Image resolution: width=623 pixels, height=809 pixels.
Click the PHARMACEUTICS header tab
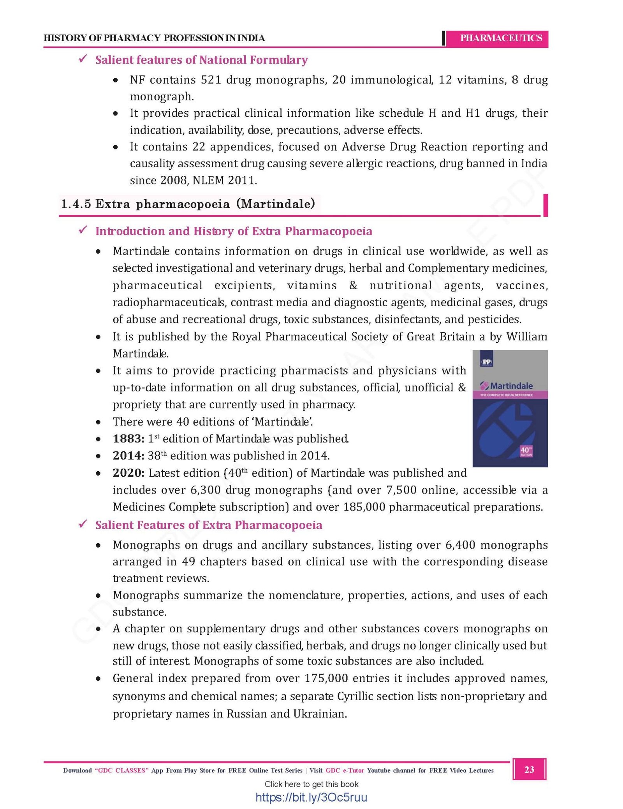pyautogui.click(x=501, y=38)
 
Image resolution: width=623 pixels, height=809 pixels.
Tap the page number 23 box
pyautogui.click(x=529, y=769)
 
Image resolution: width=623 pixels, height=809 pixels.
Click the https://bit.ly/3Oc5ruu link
pyautogui.click(x=311, y=797)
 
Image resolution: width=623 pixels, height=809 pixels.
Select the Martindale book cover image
pyautogui.click(x=510, y=408)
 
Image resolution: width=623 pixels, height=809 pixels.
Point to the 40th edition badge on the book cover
pyautogui.click(x=526, y=451)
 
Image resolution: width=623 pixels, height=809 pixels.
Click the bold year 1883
pyautogui.click(x=128, y=439)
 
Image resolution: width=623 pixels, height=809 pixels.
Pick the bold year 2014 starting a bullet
pyautogui.click(x=128, y=456)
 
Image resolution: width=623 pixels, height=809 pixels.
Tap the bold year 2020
pyautogui.click(x=128, y=473)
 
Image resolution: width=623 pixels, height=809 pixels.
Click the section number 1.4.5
pyautogui.click(x=76, y=204)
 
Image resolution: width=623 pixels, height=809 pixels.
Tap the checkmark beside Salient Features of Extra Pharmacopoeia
pyautogui.click(x=83, y=525)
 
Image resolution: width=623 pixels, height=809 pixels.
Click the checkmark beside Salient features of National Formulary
pyautogui.click(x=83, y=59)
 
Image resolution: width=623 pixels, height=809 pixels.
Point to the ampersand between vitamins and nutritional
pyautogui.click(x=353, y=285)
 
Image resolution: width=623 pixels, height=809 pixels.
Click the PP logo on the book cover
pyautogui.click(x=486, y=362)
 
